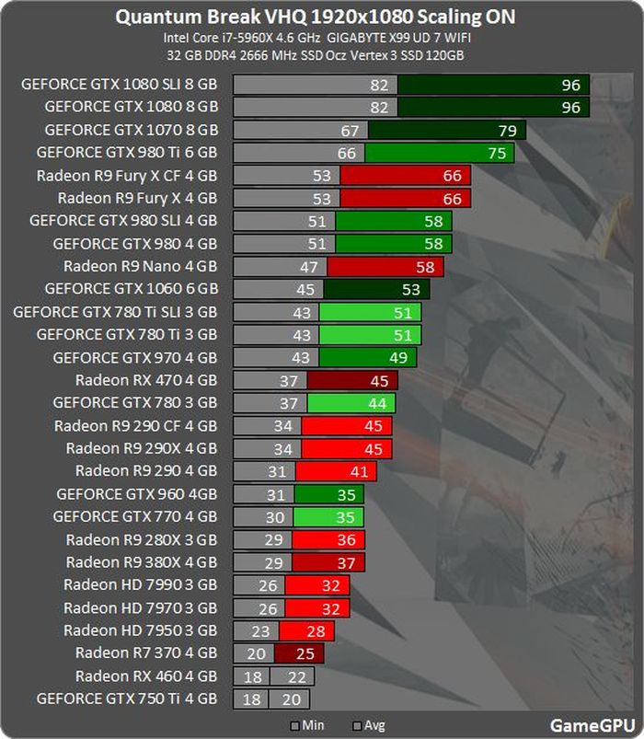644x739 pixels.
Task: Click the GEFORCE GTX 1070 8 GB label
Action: tap(131, 130)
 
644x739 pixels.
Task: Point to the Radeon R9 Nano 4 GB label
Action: tap(140, 267)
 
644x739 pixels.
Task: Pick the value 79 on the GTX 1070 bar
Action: tap(508, 131)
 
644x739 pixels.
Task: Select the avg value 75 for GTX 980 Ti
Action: tap(497, 154)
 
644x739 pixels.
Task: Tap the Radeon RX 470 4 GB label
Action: tap(146, 380)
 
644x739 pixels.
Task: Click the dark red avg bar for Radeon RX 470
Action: tap(351, 380)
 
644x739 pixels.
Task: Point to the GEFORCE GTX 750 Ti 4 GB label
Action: tap(127, 699)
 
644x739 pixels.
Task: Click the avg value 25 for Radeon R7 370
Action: tap(305, 653)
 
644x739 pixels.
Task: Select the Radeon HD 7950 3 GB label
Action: tap(140, 630)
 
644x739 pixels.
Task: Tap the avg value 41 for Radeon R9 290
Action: tap(359, 472)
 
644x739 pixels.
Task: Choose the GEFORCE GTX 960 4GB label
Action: tap(136, 494)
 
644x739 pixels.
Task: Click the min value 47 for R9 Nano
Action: tap(309, 267)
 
